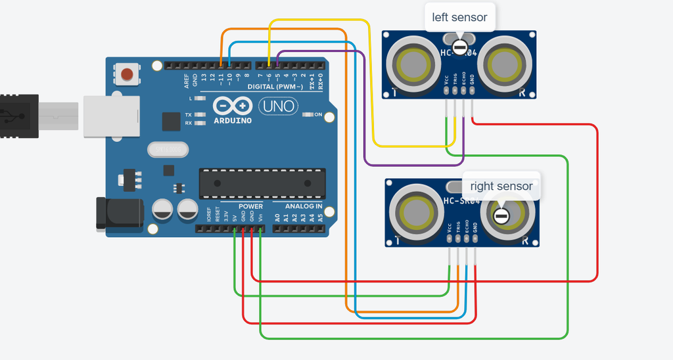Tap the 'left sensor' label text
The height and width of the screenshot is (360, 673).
(x=459, y=17)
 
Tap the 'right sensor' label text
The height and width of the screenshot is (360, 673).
(x=501, y=187)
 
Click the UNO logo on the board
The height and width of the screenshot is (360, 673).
(x=278, y=106)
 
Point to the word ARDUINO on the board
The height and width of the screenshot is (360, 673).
(x=233, y=120)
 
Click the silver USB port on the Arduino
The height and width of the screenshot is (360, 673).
(x=111, y=116)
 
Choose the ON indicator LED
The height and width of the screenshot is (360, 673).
(x=307, y=115)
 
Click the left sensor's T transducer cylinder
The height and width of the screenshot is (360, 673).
(x=414, y=64)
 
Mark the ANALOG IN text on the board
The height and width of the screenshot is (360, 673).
(x=304, y=206)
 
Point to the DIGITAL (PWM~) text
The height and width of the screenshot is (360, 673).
(x=275, y=87)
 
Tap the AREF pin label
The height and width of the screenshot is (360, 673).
(x=187, y=81)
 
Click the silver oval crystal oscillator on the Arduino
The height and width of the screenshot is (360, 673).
(x=168, y=150)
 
